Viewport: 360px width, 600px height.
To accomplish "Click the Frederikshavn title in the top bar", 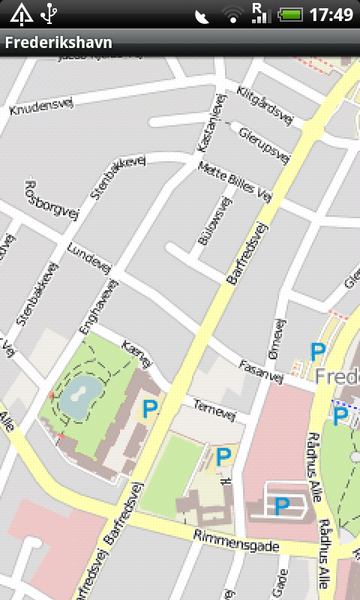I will click(58, 43).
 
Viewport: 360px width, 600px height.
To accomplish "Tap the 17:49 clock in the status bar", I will click(331, 13).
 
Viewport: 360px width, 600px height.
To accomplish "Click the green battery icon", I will click(289, 13).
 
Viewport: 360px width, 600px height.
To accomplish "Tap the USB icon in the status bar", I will click(49, 13).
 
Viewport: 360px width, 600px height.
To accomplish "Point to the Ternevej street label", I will click(214, 409).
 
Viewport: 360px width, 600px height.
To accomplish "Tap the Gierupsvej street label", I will click(263, 144).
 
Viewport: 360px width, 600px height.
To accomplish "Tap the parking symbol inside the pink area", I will click(281, 507).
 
